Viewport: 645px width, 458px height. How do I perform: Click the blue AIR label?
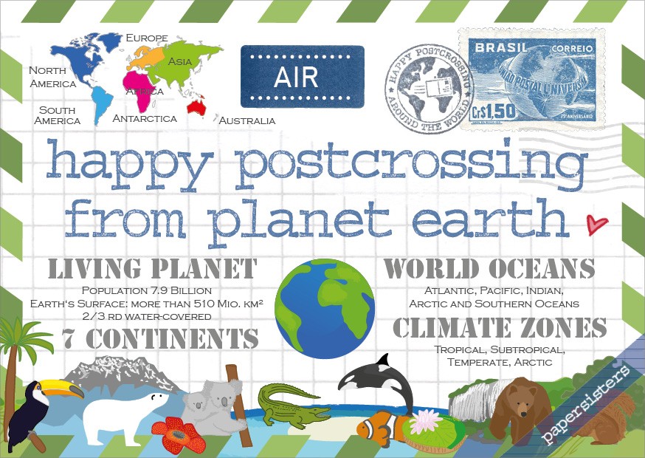(x=303, y=77)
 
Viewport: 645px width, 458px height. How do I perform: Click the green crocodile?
(x=291, y=404)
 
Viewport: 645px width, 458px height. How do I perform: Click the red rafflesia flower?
(x=176, y=435)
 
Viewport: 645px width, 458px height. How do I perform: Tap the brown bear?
(x=520, y=410)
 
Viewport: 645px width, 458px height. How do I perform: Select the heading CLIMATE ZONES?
(x=500, y=327)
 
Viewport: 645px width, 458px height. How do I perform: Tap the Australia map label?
(x=247, y=120)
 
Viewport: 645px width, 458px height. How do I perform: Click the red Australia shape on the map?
(x=196, y=107)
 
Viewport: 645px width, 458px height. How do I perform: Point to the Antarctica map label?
(x=145, y=118)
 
